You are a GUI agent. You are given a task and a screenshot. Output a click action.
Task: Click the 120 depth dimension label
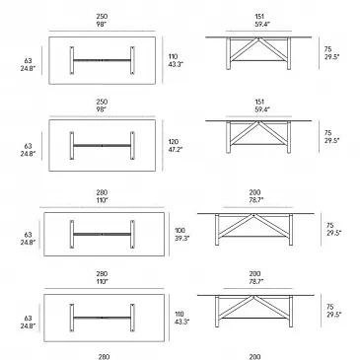[173, 142]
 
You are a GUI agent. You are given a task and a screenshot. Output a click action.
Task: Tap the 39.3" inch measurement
[182, 239]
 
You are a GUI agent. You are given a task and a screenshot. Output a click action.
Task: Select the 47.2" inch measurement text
[176, 150]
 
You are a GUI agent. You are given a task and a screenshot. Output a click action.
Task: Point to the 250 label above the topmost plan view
[102, 16]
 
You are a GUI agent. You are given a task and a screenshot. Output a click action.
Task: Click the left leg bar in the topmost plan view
[72, 60]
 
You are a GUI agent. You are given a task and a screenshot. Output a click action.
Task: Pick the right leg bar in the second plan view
[132, 146]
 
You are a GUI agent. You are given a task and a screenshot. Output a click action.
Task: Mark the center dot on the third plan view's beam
[102, 235]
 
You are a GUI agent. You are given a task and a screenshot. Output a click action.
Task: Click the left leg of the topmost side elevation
[228, 53]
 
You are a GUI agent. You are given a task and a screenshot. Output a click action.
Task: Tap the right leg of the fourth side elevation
[291, 312]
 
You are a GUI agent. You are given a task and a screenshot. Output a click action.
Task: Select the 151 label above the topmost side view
[259, 16]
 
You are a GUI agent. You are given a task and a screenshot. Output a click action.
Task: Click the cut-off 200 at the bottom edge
[254, 357]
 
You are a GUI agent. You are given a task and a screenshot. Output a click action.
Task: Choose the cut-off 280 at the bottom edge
[104, 357]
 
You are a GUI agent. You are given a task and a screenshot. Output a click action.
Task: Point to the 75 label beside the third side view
[330, 226]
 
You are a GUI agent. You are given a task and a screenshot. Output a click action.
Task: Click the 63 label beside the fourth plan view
[28, 319]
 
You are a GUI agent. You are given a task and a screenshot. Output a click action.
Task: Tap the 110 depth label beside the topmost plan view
[173, 57]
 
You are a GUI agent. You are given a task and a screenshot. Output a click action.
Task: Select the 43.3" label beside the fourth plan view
[181, 322]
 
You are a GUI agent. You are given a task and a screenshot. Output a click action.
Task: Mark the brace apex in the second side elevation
[258, 122]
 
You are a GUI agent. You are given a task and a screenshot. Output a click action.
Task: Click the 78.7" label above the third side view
[255, 200]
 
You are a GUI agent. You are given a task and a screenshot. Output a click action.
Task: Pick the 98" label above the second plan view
[102, 109]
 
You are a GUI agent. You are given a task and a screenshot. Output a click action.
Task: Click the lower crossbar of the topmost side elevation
[259, 60]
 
